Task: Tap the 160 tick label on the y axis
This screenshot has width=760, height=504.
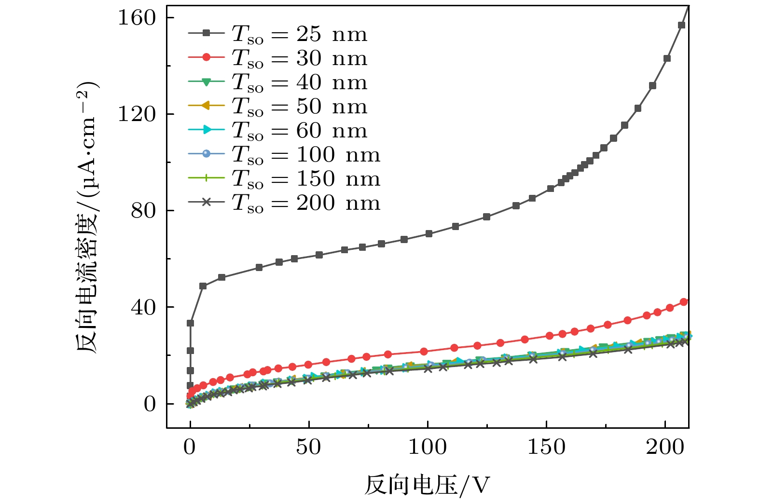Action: coord(137,18)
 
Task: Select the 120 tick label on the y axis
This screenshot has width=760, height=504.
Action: coord(137,114)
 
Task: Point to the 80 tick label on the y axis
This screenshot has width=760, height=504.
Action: coord(143,211)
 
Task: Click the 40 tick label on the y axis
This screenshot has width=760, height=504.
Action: coord(143,307)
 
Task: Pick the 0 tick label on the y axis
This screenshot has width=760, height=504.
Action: coord(150,404)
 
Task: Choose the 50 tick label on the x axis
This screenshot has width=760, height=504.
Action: coord(308,447)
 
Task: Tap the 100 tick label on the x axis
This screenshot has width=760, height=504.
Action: coord(428,447)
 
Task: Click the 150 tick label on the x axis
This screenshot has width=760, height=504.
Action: coord(546,447)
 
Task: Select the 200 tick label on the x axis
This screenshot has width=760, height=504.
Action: coord(665,447)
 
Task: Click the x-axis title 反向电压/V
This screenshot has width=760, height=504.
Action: coord(428,486)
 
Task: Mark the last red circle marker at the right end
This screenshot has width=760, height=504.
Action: coord(684,302)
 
